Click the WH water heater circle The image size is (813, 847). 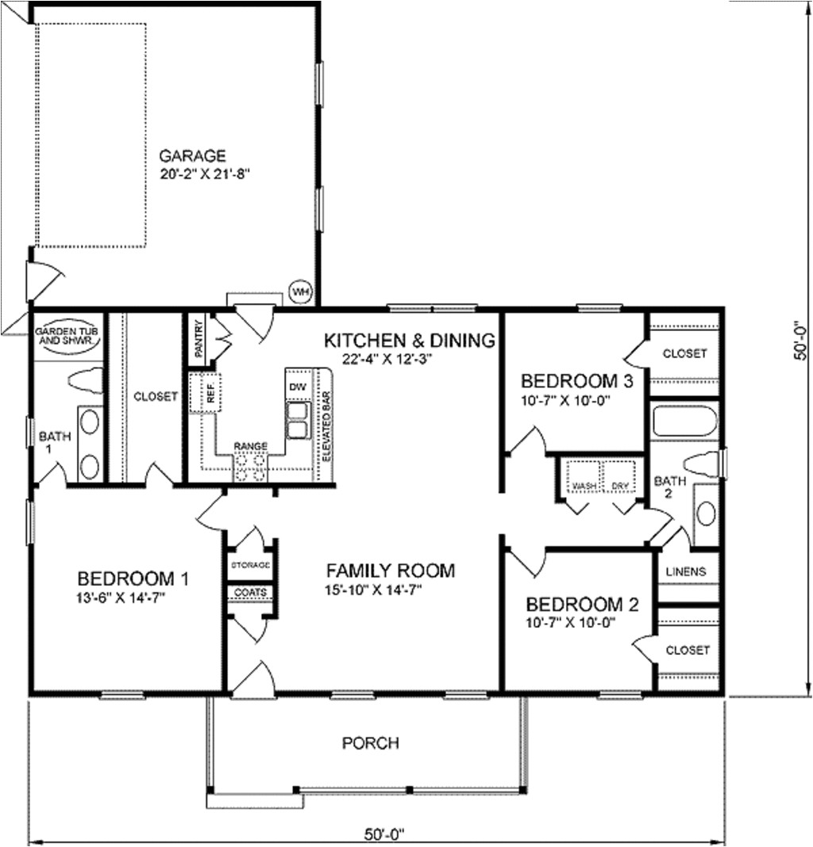301,291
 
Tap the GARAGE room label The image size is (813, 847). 192,155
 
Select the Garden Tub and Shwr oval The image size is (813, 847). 67,334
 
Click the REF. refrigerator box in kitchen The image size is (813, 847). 212,393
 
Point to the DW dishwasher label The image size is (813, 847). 296,386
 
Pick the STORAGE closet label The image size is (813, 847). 250,564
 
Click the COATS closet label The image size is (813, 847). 250,592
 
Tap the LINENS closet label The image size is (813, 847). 687,572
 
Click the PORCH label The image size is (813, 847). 370,744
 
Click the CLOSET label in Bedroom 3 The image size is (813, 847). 684,353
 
